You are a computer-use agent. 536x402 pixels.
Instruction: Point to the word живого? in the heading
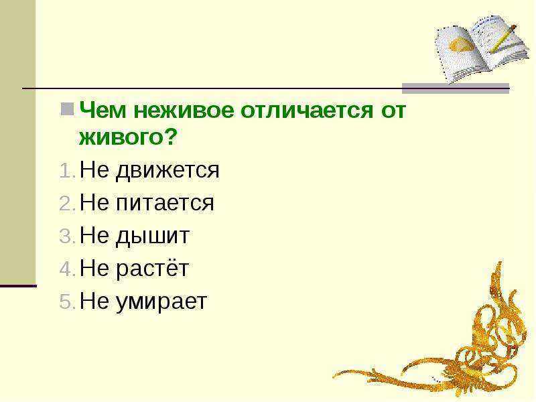click(128, 137)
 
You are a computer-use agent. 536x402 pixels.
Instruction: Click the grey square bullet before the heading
click(67, 109)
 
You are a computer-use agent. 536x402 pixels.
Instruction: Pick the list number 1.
click(67, 170)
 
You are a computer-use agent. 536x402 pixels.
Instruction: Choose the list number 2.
click(67, 204)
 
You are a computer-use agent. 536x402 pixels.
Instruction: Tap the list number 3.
click(67, 236)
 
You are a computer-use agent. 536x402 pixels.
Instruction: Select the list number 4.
click(67, 269)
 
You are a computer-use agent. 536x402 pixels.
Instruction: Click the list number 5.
click(67, 301)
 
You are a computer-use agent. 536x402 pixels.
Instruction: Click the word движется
click(167, 170)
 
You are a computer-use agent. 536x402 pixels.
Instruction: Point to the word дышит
click(153, 237)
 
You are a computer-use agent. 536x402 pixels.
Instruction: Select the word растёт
click(152, 269)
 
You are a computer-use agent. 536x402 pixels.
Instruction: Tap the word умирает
click(161, 303)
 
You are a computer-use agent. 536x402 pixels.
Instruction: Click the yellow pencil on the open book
click(503, 39)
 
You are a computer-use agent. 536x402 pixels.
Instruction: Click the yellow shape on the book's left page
click(461, 45)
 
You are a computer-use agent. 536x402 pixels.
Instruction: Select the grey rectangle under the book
click(456, 88)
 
